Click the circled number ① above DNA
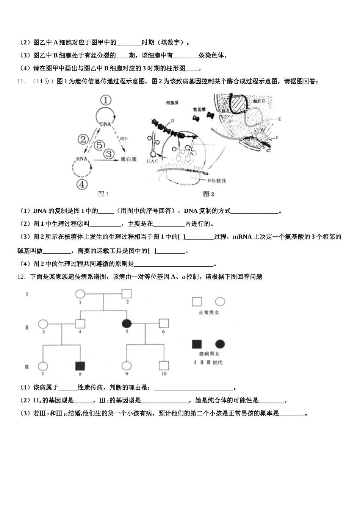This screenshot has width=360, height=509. pos(106,100)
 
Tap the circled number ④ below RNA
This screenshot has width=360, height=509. pos(82,184)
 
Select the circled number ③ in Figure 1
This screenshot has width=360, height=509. pos(109,154)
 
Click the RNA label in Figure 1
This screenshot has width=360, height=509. pos(81,159)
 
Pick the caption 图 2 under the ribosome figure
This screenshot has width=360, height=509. pos(209,194)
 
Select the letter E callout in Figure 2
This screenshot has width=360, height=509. pos(280,119)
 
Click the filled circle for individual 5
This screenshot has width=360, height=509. pos(127,323)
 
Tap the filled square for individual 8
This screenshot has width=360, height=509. pos(80,366)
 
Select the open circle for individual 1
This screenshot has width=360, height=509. pos(80,294)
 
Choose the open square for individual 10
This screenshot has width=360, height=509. pos(163,366)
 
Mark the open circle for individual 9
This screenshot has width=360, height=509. pos(126,366)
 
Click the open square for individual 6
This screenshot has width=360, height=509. pos(163,323)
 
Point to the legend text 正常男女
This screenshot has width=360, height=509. pos(209,313)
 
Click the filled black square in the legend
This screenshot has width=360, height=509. pos(197,344)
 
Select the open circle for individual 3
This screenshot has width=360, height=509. pos(44,324)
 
